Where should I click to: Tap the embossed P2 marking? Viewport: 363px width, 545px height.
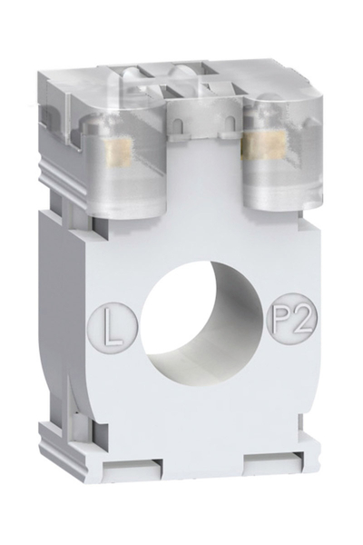(x=288, y=320)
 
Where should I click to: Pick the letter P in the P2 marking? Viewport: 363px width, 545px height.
(x=281, y=321)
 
